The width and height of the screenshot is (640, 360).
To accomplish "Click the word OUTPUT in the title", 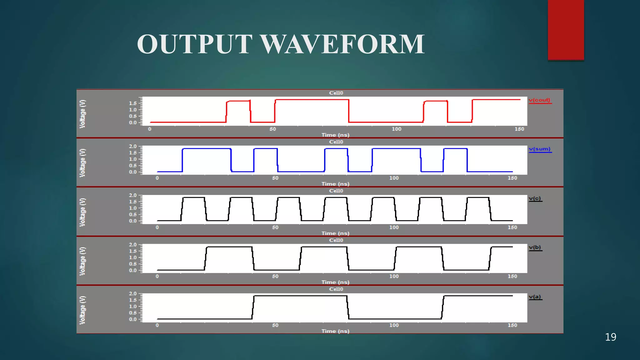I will tap(194, 44).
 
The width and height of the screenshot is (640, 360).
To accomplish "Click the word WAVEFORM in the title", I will tap(342, 44).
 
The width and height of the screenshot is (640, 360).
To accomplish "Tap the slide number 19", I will tap(610, 337).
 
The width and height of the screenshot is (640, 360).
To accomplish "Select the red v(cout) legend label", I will tap(539, 100).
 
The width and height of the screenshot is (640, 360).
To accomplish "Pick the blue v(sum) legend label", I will tap(540, 149).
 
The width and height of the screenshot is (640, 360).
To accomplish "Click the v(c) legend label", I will tap(535, 198).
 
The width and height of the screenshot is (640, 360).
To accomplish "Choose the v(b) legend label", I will tap(535, 247).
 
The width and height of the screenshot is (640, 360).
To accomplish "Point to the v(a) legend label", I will tap(535, 297).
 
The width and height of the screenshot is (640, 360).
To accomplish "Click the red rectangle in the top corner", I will tap(566, 30).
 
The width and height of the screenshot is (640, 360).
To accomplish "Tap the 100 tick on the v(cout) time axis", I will tap(397, 129).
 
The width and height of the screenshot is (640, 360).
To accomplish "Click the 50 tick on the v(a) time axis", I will tap(275, 325).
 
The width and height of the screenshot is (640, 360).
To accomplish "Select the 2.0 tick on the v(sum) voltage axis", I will tap(133, 146).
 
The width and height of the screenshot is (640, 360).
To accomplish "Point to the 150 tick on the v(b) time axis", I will tap(512, 276).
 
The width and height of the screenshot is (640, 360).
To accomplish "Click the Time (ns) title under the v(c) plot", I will tap(335, 233).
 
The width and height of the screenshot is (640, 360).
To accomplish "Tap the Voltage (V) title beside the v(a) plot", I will tap(82, 310).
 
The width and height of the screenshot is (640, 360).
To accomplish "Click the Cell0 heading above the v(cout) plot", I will tap(336, 93).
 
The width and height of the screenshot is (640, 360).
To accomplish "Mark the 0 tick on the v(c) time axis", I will tap(157, 227).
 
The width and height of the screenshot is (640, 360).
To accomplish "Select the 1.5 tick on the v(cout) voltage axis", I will tap(133, 103).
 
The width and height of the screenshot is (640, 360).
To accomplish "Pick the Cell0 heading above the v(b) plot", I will tap(336, 240).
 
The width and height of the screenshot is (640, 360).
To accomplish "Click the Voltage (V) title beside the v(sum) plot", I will tap(82, 163).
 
